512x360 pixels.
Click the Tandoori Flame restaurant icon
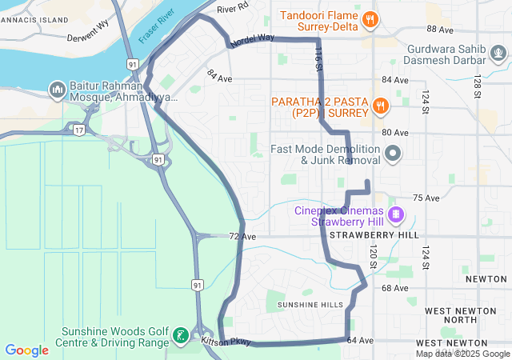coord(370,19)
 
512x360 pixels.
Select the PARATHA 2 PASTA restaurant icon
coord(381,104)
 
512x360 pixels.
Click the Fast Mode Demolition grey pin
coord(392,153)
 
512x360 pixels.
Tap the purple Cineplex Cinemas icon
coord(395,214)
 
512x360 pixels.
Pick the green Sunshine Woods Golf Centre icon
coord(182,335)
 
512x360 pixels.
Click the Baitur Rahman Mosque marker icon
coord(57,88)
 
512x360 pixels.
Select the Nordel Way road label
coord(252,39)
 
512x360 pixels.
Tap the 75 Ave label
coord(426,198)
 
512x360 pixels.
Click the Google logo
coord(26,350)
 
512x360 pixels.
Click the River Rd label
coord(233,7)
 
